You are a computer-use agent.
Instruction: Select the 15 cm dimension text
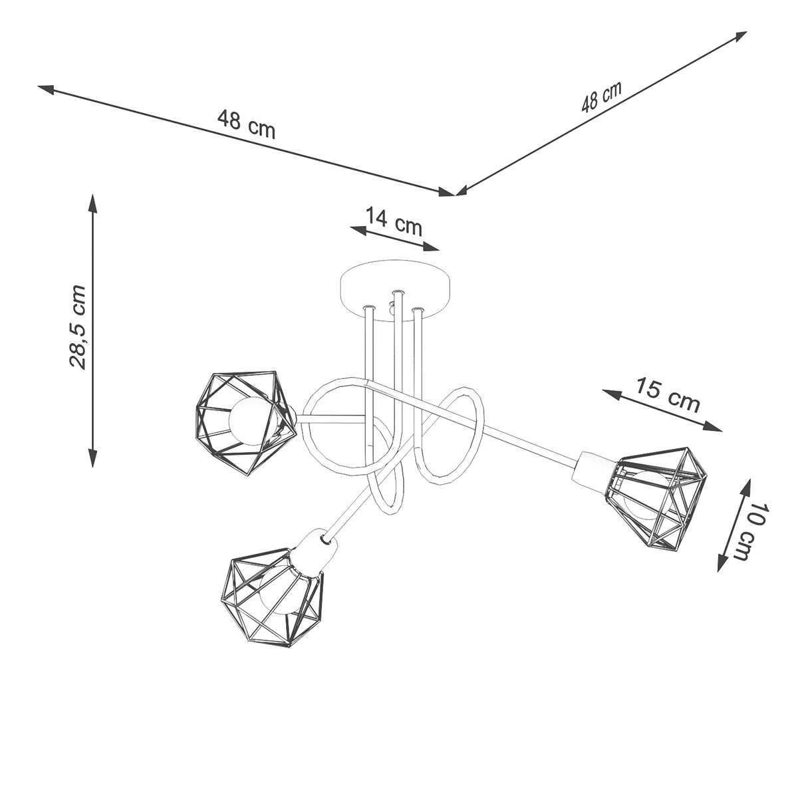pyautogui.click(x=668, y=394)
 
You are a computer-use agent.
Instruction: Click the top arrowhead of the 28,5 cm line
pyautogui.click(x=92, y=201)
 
